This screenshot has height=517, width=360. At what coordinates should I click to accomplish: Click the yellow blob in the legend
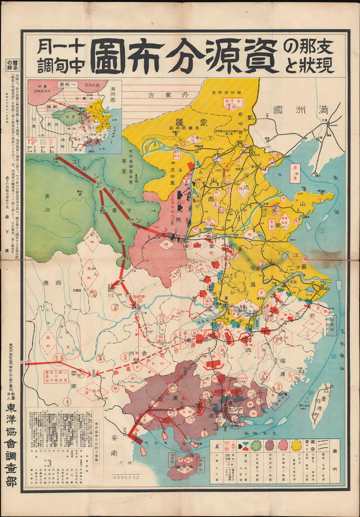coord(297,446)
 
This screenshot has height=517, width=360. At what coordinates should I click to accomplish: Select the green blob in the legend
coord(255,446)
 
